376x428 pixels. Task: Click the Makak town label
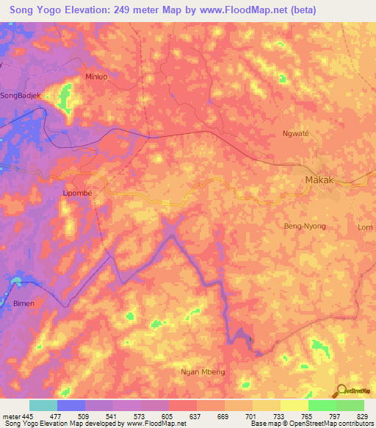tap(321, 179)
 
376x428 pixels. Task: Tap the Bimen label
tap(23, 303)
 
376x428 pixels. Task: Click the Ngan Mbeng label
tap(202, 371)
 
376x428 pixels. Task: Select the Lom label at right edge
tap(365, 227)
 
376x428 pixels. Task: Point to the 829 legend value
tap(364, 415)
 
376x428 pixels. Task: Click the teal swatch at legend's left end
tap(43, 405)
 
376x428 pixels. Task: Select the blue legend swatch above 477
tap(71, 405)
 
